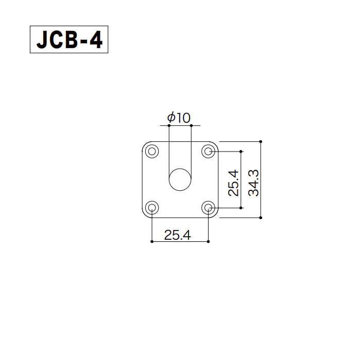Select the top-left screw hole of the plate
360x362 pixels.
[x=152, y=152]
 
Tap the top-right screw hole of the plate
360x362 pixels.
[x=209, y=152]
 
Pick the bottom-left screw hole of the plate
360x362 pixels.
[x=152, y=208]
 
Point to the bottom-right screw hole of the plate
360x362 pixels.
[x=209, y=208]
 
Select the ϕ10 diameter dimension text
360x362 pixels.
[x=179, y=118]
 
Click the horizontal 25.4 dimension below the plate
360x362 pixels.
[x=177, y=235]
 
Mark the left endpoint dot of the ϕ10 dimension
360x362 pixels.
[x=169, y=125]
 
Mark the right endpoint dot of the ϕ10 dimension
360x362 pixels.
[x=191, y=125]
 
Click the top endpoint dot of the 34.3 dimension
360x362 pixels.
[x=261, y=141]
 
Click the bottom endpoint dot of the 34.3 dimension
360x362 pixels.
[x=261, y=218]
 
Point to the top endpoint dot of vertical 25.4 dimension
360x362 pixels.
[x=241, y=152]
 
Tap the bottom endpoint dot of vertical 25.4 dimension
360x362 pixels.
[x=241, y=208]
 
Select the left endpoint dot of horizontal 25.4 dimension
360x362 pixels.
[x=152, y=241]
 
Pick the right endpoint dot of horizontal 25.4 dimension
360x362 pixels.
[x=209, y=241]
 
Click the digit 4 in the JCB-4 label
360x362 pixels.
[x=96, y=40]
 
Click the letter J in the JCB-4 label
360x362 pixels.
[x=41, y=40]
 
